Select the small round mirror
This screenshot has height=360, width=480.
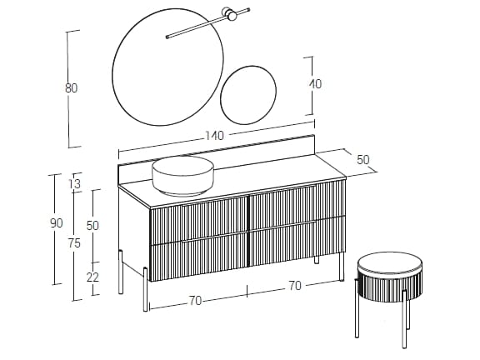point(248,93)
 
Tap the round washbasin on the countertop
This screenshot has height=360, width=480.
point(183,176)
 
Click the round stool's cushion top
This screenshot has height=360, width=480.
point(389,266)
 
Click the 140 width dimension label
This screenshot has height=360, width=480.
point(216,136)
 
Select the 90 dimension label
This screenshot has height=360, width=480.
point(57,222)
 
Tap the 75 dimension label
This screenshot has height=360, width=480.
point(75,243)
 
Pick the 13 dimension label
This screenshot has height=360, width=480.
point(75,184)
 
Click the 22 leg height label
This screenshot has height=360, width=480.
point(92,277)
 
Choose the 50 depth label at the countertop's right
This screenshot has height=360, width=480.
point(362,160)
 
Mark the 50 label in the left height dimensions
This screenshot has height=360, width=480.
point(92,225)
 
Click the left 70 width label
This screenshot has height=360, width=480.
point(195,301)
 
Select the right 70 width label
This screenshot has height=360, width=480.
point(293,285)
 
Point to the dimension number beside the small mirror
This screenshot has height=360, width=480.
point(315,84)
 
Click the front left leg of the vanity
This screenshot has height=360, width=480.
point(146,288)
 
